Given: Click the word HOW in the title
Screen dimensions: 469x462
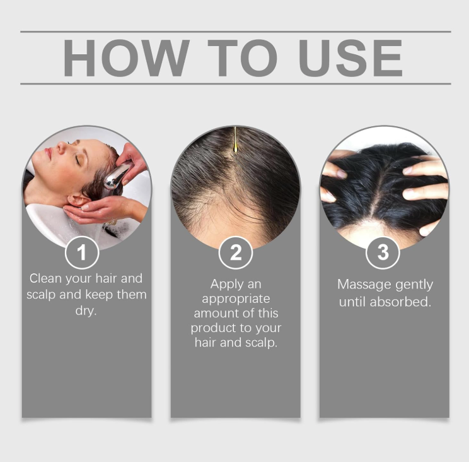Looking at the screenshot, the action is (x=126, y=58).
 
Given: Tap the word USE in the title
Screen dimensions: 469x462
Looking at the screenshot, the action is (x=350, y=58).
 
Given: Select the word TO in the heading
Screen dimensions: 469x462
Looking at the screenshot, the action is (x=243, y=58).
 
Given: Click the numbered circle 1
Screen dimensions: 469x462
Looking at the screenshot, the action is (x=82, y=252).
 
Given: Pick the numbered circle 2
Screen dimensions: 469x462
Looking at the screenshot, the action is (x=235, y=252).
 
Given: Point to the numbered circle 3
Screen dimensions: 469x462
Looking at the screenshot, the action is (x=383, y=252).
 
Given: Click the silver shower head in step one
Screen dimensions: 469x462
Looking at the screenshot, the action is (x=116, y=177).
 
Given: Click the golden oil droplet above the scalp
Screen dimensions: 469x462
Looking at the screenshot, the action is (x=235, y=146).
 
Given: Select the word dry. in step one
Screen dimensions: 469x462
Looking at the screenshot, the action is (x=86, y=311).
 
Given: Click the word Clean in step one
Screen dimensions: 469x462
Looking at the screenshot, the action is (x=45, y=278).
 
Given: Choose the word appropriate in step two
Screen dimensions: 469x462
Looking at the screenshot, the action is (x=236, y=299).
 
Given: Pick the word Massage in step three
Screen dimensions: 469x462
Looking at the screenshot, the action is (x=364, y=285).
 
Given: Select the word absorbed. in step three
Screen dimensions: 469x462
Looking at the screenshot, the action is (x=400, y=302).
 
